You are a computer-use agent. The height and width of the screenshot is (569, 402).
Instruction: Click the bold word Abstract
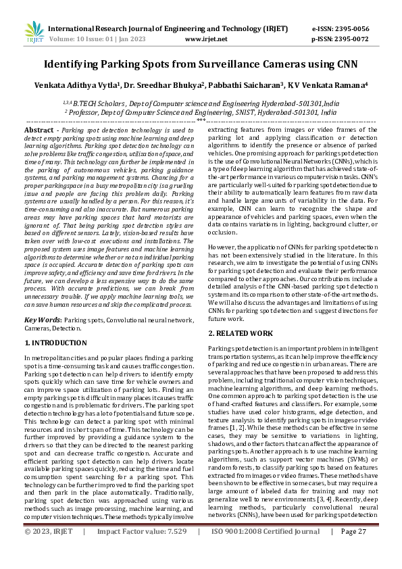pos(39,129)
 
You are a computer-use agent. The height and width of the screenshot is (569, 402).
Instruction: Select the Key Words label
pos(43,318)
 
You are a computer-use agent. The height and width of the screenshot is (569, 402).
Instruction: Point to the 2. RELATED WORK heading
pos(240,334)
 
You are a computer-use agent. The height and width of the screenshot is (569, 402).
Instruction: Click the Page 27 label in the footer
pos(353,550)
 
